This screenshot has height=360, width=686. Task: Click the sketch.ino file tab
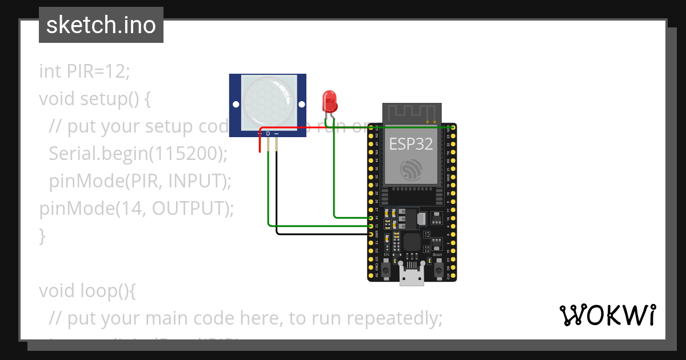click(101, 25)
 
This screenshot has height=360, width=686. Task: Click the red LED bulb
click(330, 101)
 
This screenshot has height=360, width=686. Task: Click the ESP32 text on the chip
click(411, 143)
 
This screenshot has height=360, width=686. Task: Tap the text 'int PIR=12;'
click(85, 71)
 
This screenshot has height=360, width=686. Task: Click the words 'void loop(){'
click(87, 290)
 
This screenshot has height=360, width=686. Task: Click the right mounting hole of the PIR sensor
click(302, 104)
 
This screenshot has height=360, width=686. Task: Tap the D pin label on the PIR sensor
click(268, 134)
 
